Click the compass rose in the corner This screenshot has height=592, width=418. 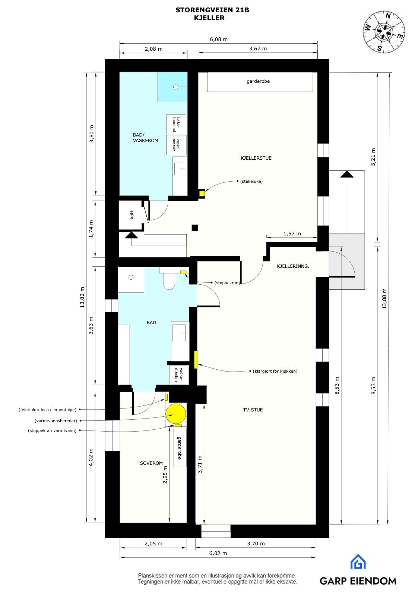click(x=384, y=32)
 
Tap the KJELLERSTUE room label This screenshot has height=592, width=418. click(x=256, y=158)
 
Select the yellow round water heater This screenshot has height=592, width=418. click(x=175, y=414)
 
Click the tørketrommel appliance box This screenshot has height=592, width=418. click(x=176, y=124)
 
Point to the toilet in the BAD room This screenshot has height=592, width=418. click(x=169, y=281)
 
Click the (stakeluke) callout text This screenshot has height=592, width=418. click(x=251, y=181)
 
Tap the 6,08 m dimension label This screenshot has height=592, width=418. click(x=218, y=39)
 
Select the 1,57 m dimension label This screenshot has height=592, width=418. click(x=292, y=234)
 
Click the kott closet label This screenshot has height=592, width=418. click(x=132, y=215)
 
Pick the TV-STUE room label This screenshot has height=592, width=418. click(x=253, y=410)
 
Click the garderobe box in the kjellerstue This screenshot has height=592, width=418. click(x=260, y=82)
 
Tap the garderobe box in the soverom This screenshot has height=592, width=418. click(x=180, y=448)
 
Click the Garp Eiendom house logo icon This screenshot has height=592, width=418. click(x=358, y=562)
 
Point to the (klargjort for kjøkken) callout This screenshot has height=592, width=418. click(x=275, y=371)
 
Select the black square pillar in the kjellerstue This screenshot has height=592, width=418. click(x=194, y=228)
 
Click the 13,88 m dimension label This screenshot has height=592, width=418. click(x=384, y=298)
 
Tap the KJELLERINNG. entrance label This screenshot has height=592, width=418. click(x=293, y=266)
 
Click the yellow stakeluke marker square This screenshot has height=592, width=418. click(x=202, y=194)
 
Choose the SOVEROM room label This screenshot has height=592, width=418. click(x=151, y=463)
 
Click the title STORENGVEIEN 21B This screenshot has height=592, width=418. click(x=212, y=10)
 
